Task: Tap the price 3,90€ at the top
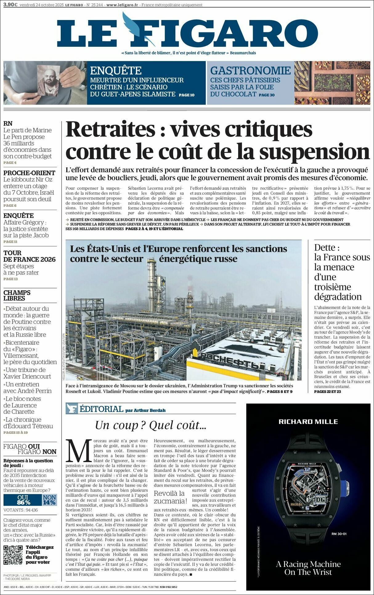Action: click(10, 5)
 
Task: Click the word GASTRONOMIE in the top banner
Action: click(250, 71)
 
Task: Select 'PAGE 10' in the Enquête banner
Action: click(186, 95)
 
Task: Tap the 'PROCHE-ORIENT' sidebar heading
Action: click(29, 173)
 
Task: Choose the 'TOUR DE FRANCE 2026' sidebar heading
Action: click(29, 256)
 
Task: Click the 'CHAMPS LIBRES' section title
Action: click(17, 295)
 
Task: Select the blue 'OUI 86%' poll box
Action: click(22, 500)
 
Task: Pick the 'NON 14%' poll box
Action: click(49, 500)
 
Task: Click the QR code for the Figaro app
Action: click(13, 555)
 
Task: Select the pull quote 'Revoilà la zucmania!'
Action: click(170, 497)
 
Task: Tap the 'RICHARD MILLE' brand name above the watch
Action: click(308, 422)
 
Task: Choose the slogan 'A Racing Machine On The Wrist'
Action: click(308, 568)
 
